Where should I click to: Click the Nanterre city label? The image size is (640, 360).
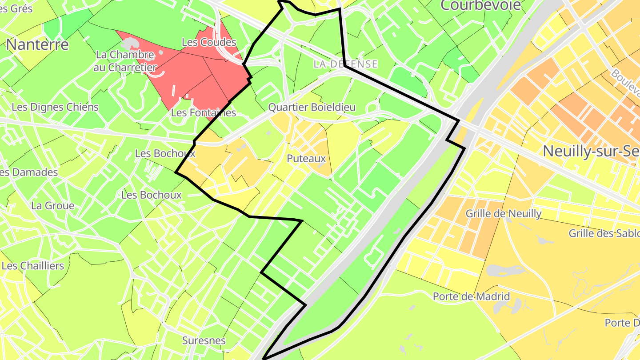[38, 44]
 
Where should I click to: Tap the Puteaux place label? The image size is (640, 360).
[306, 159]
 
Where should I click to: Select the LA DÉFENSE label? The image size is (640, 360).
[345, 64]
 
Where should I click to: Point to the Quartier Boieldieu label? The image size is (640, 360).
[312, 108]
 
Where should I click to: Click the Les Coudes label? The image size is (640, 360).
[209, 42]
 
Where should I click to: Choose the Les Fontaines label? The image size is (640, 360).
[203, 113]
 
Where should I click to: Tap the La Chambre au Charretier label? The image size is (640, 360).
[125, 61]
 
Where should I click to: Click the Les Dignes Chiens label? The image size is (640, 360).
[55, 107]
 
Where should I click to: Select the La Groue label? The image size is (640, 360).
[52, 206]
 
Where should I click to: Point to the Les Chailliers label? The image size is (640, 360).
[33, 266]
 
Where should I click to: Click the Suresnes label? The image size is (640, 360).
[204, 341]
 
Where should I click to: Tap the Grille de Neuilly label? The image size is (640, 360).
[504, 214]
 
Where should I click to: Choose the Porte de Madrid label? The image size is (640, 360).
[471, 296]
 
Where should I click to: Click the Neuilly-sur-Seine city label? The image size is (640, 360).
[591, 151]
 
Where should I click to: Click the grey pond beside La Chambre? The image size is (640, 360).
[130, 44]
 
